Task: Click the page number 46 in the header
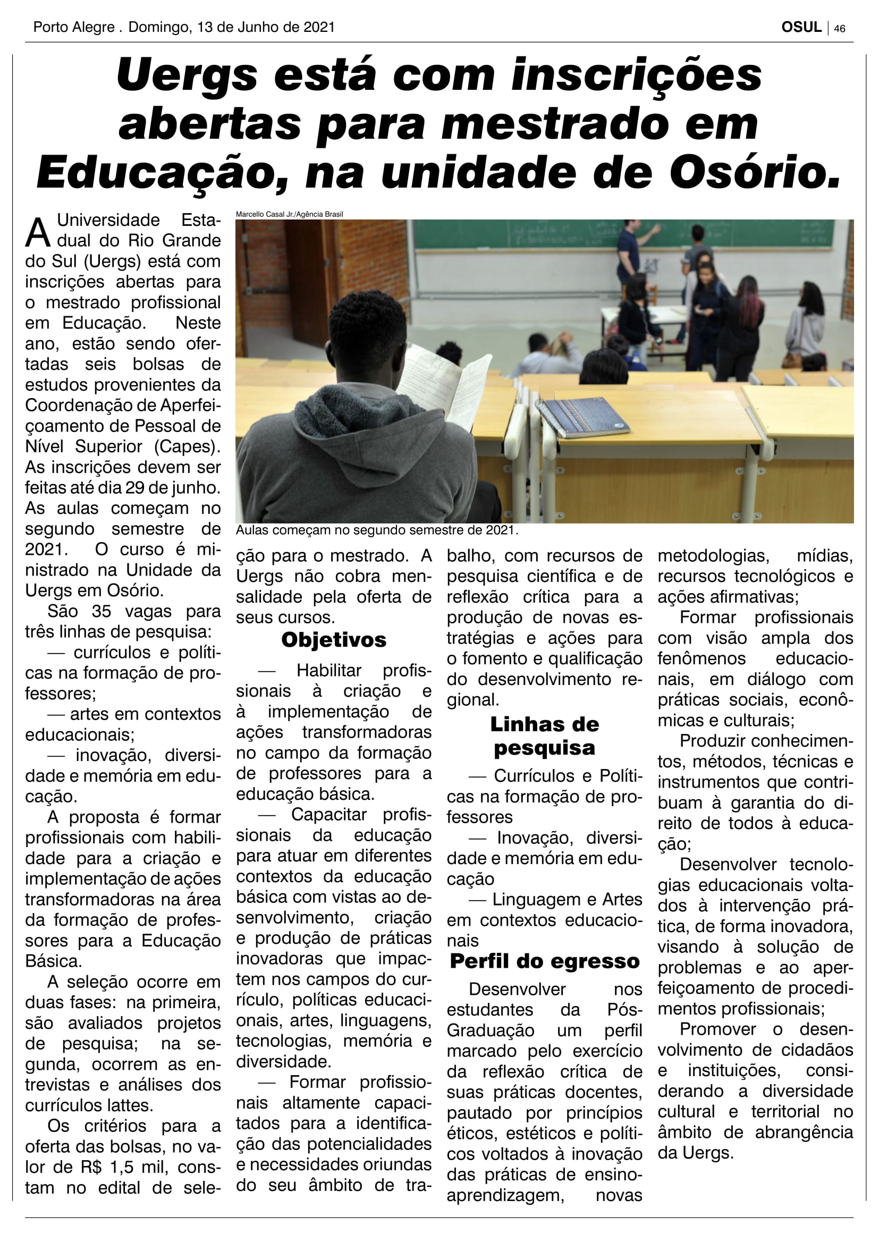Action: [x=840, y=28]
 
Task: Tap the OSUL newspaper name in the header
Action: [x=801, y=27]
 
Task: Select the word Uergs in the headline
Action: [x=187, y=75]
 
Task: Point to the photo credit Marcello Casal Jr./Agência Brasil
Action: [x=289, y=214]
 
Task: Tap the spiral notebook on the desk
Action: [x=582, y=416]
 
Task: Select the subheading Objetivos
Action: [x=333, y=640]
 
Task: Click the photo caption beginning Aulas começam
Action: [x=377, y=530]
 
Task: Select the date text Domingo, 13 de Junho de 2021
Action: [x=232, y=27]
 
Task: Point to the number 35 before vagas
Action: [x=101, y=611]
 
